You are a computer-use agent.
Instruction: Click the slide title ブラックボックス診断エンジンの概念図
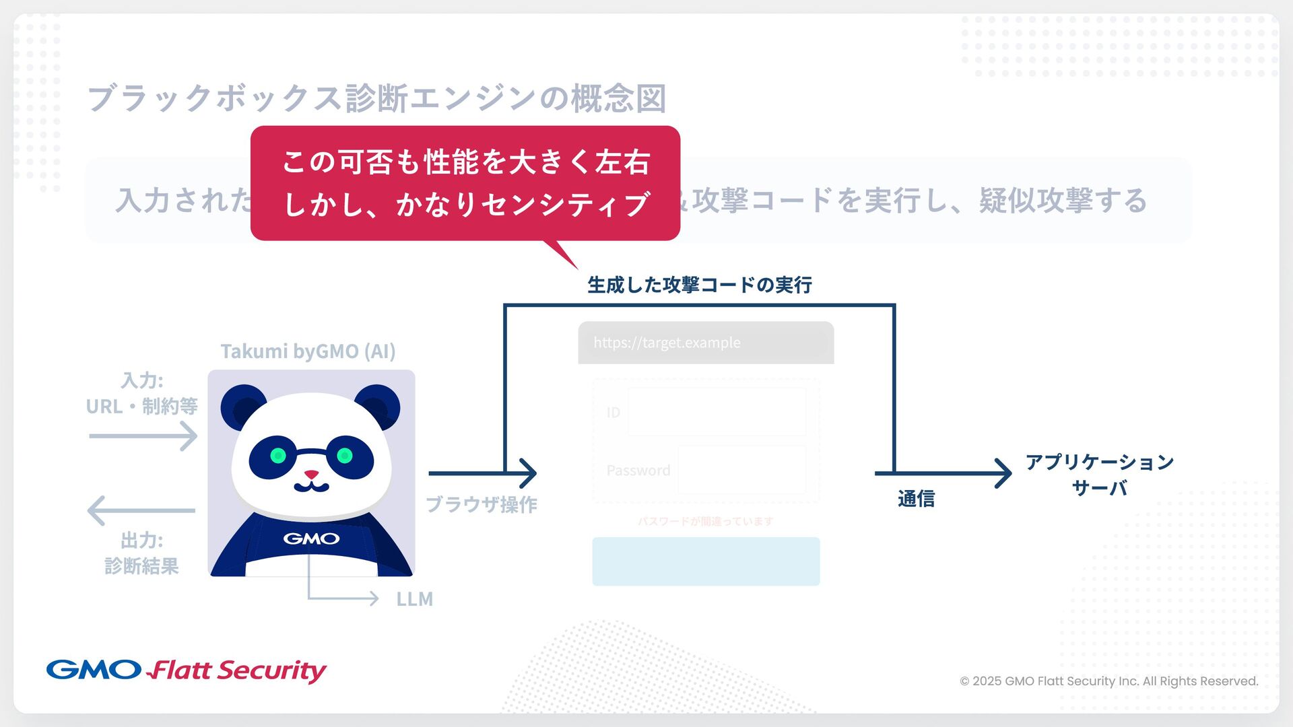376,99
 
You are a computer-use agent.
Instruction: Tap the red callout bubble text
465,183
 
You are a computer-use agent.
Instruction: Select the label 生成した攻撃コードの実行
699,285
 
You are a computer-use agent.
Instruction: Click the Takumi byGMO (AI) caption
308,351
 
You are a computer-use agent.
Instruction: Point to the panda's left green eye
277,456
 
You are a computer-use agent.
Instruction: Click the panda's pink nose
311,475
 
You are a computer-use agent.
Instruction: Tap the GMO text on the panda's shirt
311,539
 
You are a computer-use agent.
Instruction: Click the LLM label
414,599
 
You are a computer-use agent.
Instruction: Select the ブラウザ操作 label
481,505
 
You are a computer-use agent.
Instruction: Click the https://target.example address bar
706,343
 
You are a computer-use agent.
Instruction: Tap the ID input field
717,412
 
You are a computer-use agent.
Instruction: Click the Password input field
741,470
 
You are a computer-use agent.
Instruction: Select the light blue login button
706,561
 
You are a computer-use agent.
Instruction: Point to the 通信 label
916,499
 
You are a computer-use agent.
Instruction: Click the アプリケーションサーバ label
1099,475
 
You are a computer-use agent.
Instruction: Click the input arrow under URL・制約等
143,436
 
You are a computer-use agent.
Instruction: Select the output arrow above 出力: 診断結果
141,510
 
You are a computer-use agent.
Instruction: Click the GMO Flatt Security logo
187,670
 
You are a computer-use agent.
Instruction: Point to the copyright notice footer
1108,681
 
